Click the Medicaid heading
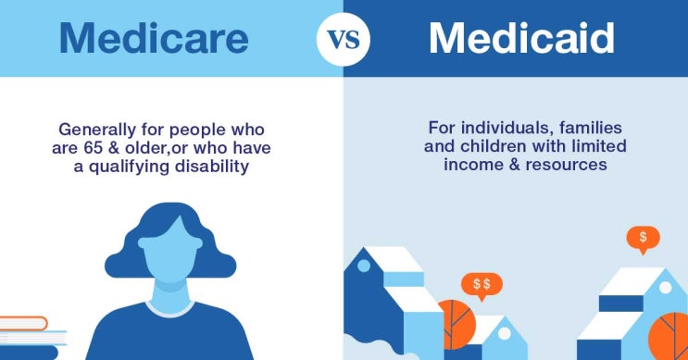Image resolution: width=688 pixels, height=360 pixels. coord(521,39)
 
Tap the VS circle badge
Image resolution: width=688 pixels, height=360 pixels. coord(344,40)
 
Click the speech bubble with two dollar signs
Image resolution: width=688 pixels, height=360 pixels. coord(482,284)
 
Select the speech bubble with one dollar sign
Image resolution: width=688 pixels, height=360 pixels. coord(643,238)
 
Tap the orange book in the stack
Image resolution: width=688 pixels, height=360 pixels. coord(23,323)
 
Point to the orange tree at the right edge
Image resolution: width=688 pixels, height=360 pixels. coord(669,336)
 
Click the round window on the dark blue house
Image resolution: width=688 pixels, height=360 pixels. coord(364,266)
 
